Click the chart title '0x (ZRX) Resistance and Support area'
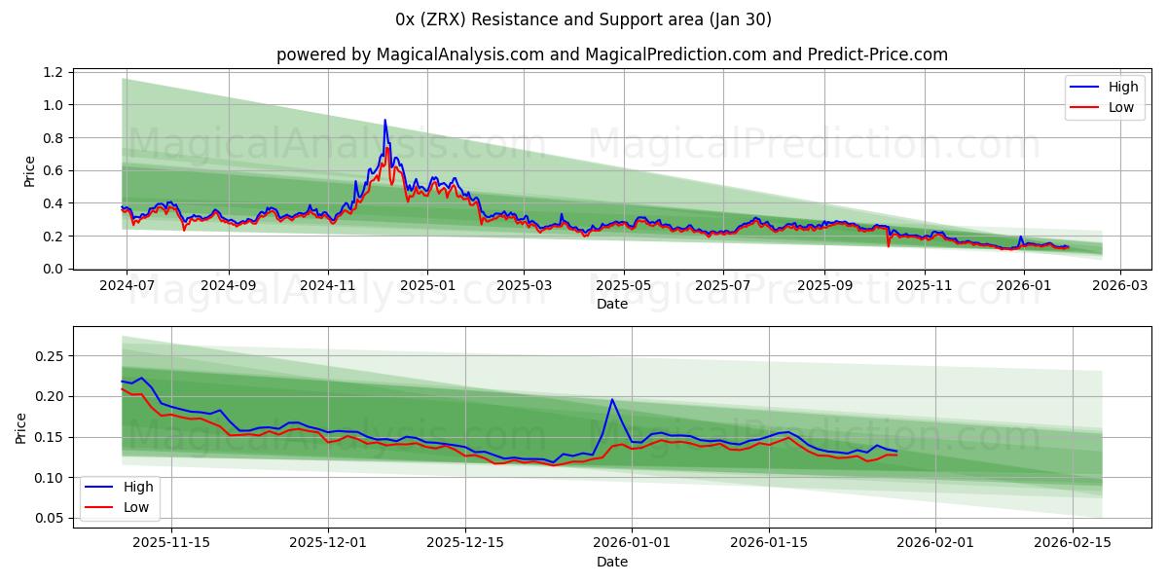click(x=583, y=19)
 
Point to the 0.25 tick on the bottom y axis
click(x=47, y=356)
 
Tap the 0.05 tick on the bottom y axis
click(x=47, y=519)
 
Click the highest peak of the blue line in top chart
click(x=384, y=121)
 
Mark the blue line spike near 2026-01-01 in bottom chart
click(x=612, y=400)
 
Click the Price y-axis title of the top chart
click(x=29, y=171)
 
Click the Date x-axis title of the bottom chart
click(x=611, y=562)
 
